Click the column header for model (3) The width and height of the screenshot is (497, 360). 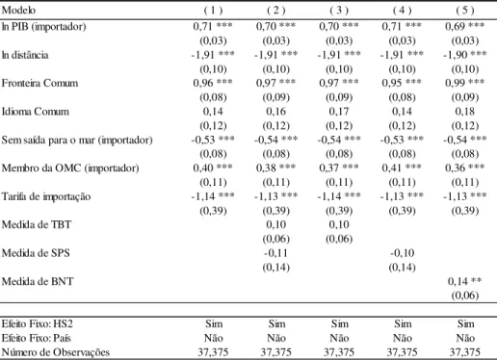[x=339, y=11]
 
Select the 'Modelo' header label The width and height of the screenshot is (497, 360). [x=18, y=11]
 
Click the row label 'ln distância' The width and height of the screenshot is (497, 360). [x=25, y=55]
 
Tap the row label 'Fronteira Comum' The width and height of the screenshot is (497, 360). [x=39, y=83]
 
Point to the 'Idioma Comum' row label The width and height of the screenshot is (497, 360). [x=36, y=112]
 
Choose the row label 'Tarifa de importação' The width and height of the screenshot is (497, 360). [x=46, y=196]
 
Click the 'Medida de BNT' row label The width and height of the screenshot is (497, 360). [x=38, y=281]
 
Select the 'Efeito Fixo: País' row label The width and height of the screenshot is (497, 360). [x=36, y=338]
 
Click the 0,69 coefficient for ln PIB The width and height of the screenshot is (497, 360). [x=456, y=26]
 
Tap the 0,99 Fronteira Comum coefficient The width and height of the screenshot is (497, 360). [x=456, y=83]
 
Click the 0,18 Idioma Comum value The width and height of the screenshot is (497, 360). [x=465, y=112]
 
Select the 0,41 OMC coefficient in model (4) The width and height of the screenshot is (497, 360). [x=393, y=168]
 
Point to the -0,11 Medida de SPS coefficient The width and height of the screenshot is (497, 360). [x=276, y=253]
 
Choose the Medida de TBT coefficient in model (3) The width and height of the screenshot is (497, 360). [x=339, y=224]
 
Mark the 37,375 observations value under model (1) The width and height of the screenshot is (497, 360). [x=213, y=352]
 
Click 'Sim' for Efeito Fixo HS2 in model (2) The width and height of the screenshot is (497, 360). [x=276, y=323]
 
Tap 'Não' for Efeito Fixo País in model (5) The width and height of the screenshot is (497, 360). [x=465, y=338]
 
